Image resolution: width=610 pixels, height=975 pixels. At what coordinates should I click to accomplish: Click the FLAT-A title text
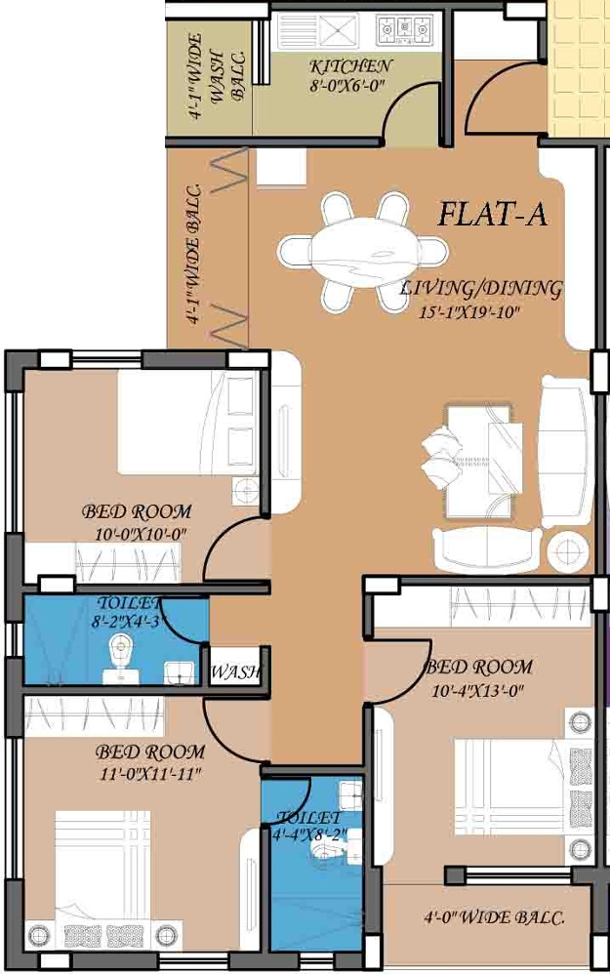tap(493, 214)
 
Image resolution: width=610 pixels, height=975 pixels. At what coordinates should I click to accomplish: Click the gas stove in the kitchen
tap(404, 29)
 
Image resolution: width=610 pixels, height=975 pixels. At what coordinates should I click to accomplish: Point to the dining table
tap(362, 252)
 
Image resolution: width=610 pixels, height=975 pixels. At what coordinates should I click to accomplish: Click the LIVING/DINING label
tap(481, 288)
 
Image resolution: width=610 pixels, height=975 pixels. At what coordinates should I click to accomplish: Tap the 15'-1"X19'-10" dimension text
tap(468, 312)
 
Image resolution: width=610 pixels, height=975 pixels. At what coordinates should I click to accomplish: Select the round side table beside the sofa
tap(568, 550)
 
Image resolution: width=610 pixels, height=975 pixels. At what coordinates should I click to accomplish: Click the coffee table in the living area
tap(484, 461)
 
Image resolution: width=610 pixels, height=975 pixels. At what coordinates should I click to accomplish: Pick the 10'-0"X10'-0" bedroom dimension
tap(142, 534)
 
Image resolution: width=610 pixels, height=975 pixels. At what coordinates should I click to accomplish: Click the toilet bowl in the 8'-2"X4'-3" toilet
tap(120, 657)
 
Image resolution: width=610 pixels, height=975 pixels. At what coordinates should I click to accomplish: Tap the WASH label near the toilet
tap(235, 671)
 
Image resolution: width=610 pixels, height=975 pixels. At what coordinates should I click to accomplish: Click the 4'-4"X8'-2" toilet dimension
tap(309, 834)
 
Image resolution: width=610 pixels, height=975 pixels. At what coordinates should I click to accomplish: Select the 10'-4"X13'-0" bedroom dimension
tap(478, 690)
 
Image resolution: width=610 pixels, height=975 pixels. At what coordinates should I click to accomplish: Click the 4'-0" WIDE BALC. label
tap(494, 917)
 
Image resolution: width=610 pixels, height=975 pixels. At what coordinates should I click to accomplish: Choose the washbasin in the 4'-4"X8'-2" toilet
tap(350, 792)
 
